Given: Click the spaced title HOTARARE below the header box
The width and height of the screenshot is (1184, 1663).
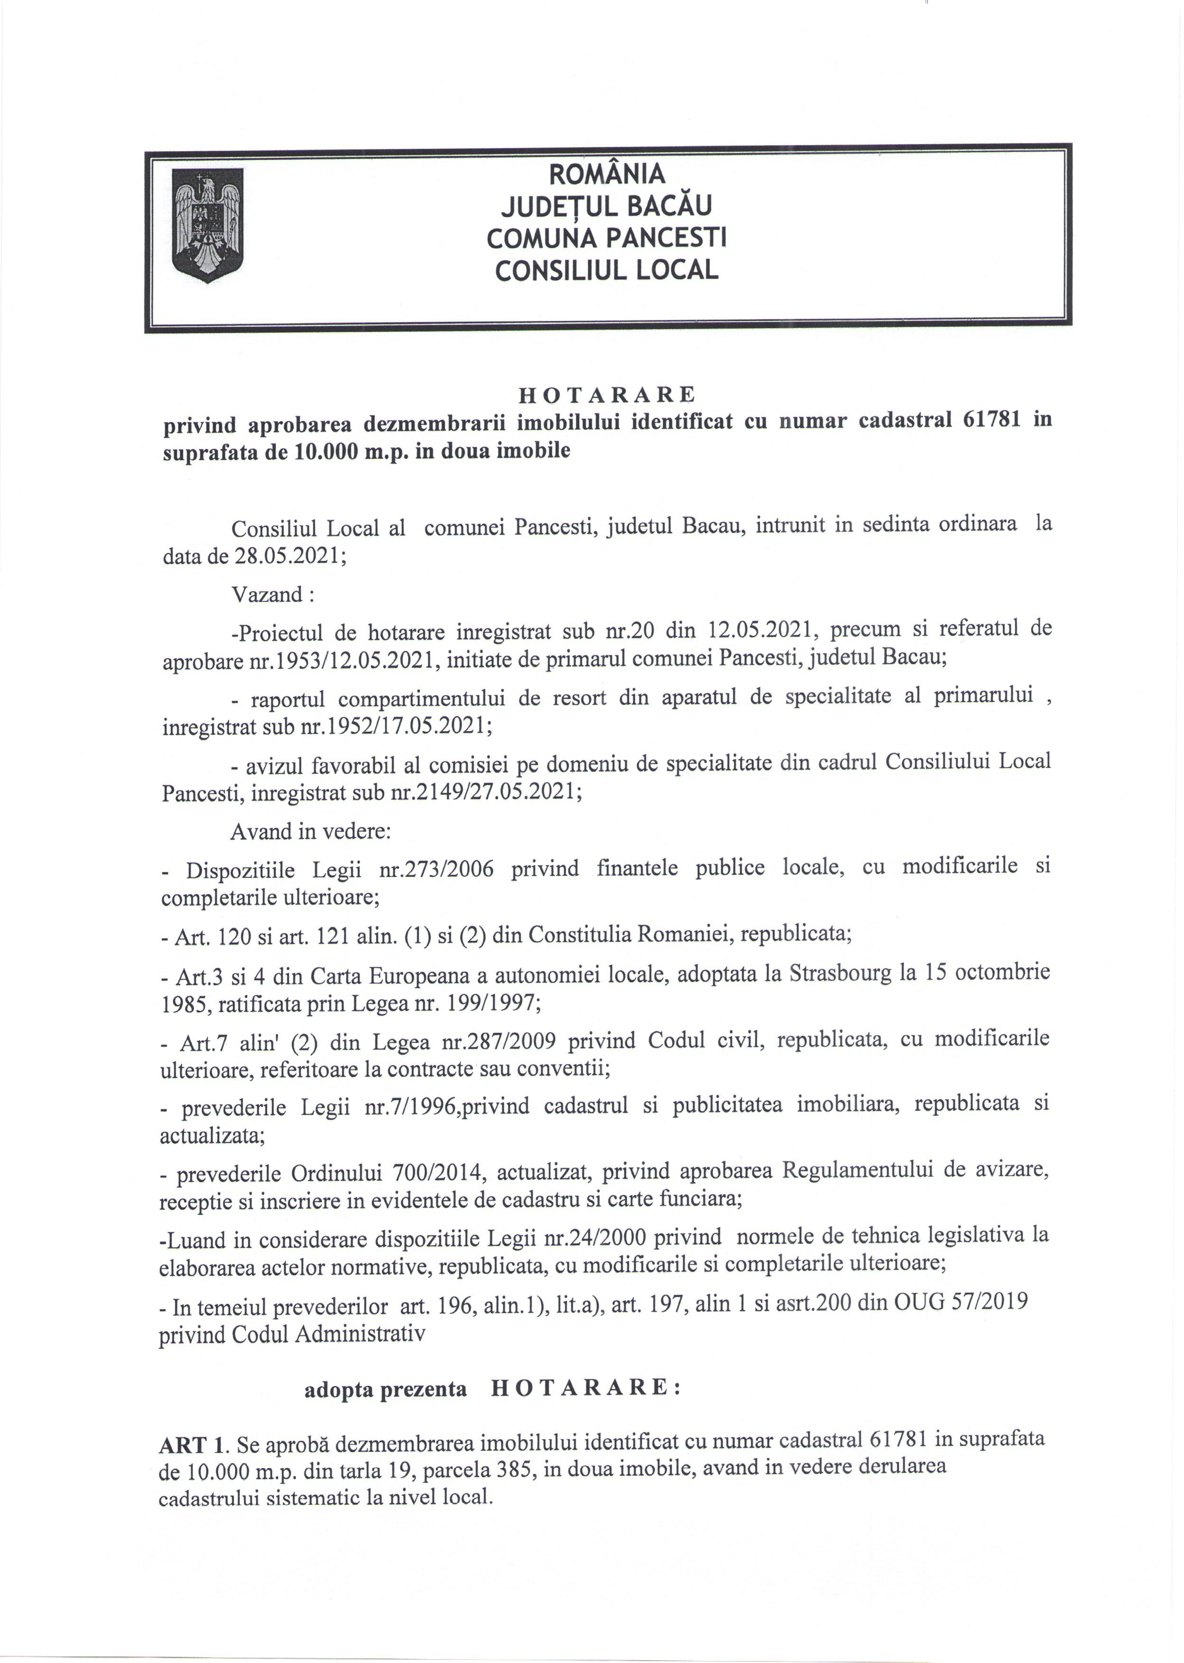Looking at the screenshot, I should click(x=607, y=395).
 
